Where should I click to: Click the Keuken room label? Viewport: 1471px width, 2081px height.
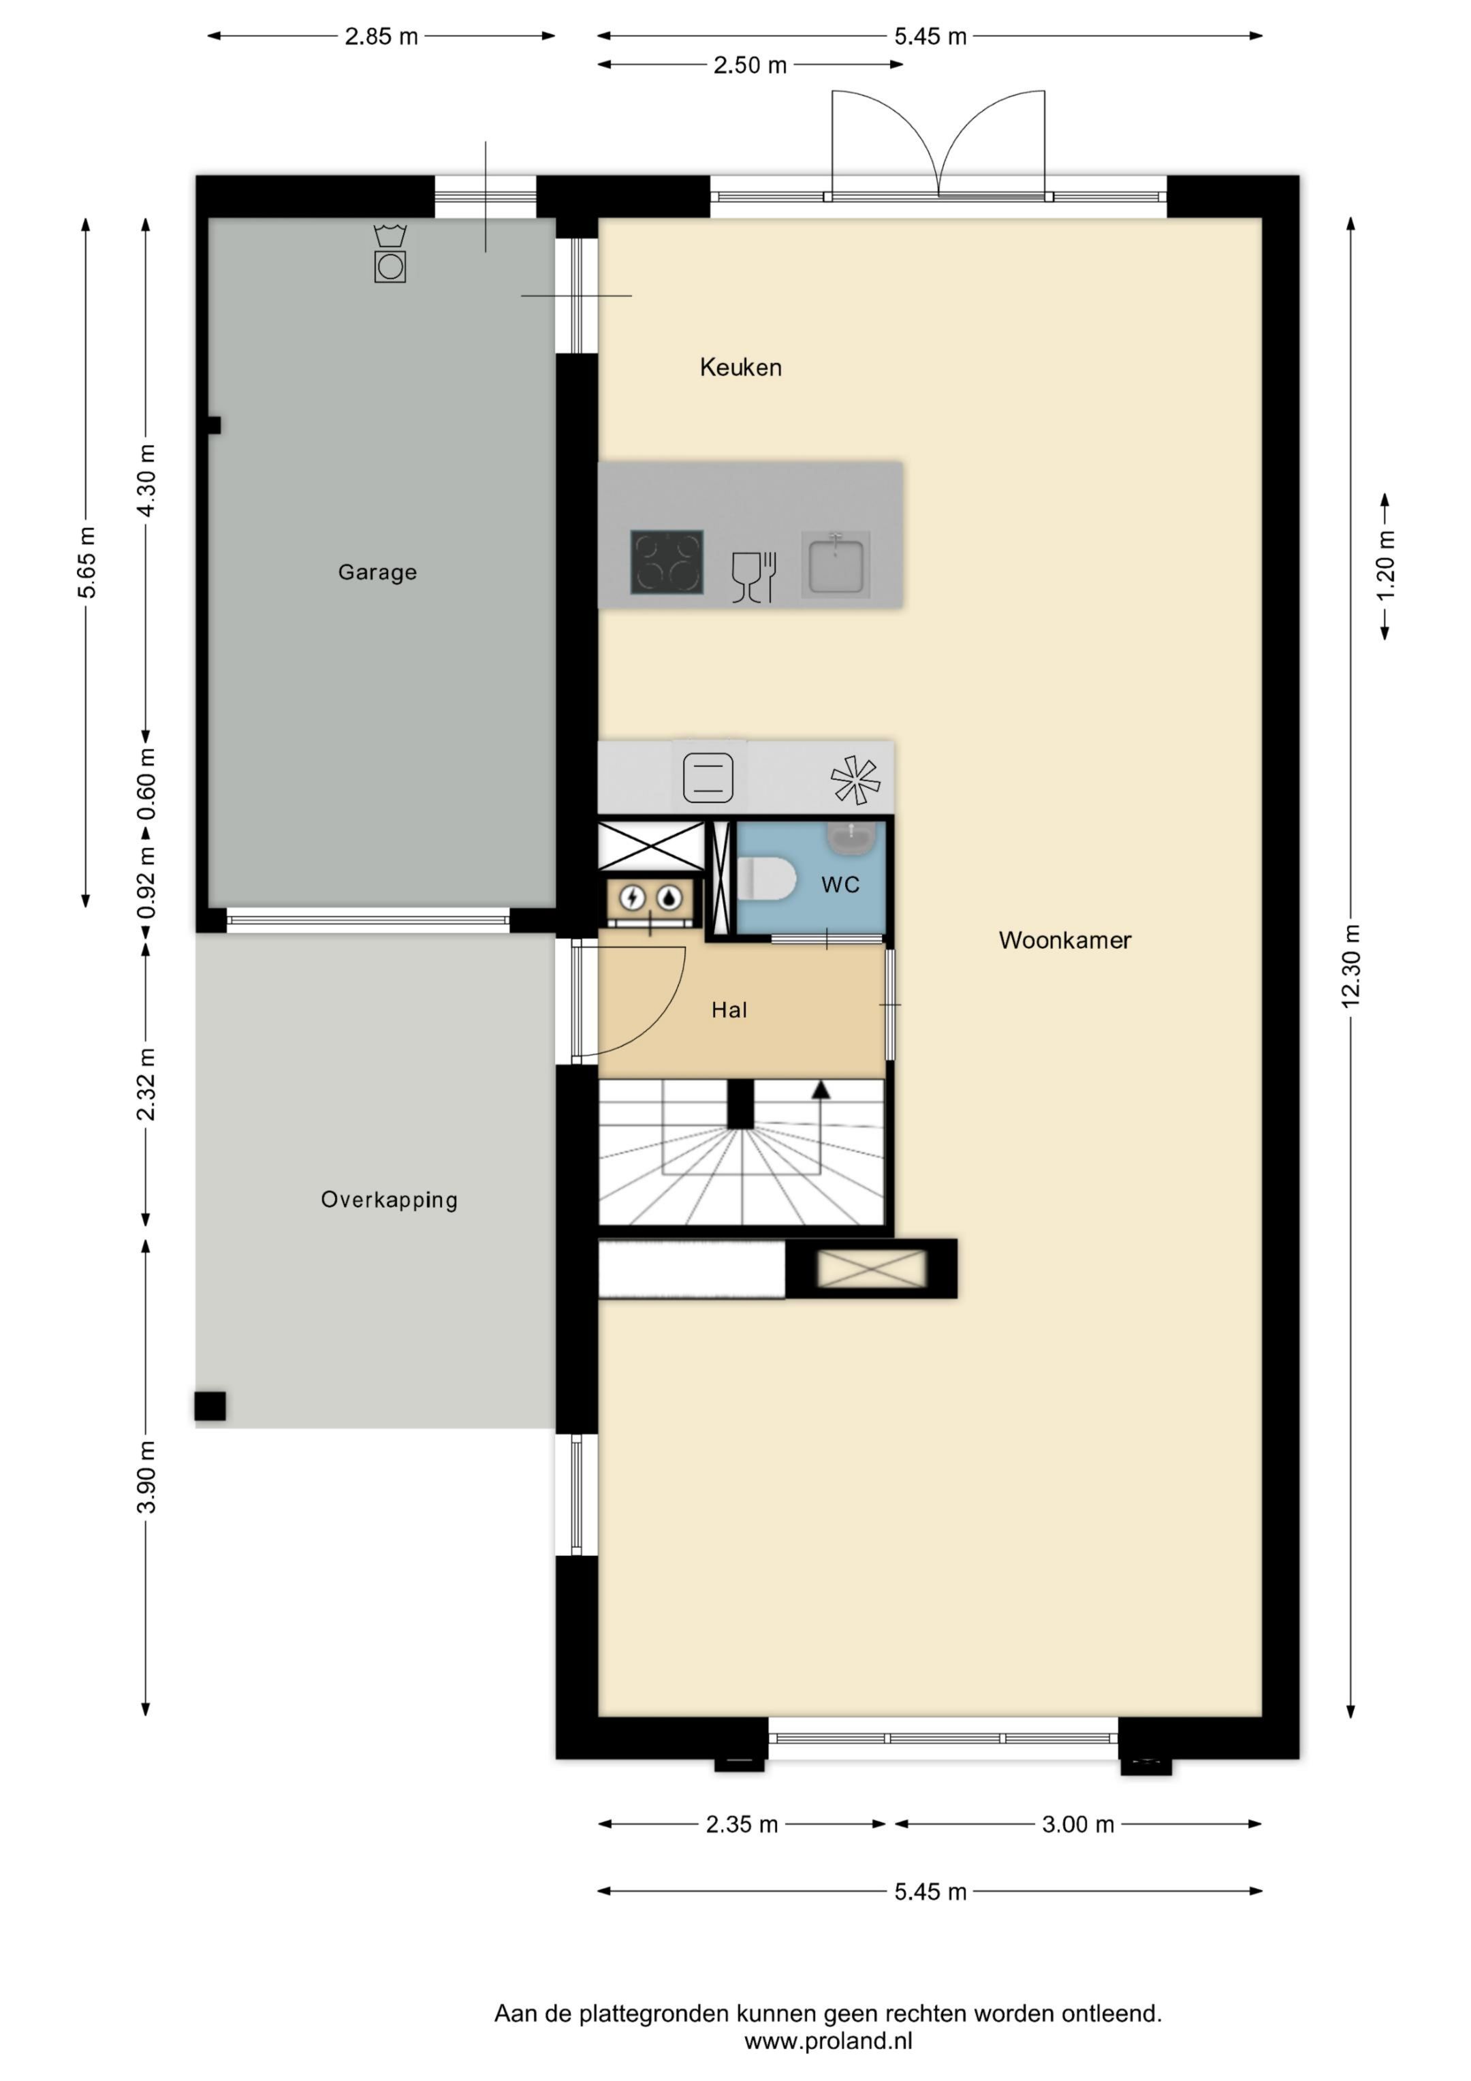pos(740,367)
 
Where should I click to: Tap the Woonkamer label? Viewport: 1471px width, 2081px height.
pos(1065,940)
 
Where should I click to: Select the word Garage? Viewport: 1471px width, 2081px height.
pos(377,572)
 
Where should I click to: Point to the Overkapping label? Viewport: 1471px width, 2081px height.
pos(389,1200)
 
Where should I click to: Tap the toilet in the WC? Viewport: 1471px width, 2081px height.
pos(766,878)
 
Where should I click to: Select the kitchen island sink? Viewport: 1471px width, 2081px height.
pos(836,564)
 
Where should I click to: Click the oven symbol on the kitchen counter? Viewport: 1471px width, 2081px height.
pos(708,778)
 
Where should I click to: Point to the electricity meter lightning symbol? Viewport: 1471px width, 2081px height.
pos(632,898)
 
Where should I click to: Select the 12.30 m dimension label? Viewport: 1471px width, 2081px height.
pos(1350,965)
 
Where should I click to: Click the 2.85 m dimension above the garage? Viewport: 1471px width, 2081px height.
pos(381,36)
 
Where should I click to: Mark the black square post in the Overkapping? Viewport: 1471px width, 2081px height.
pos(210,1406)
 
